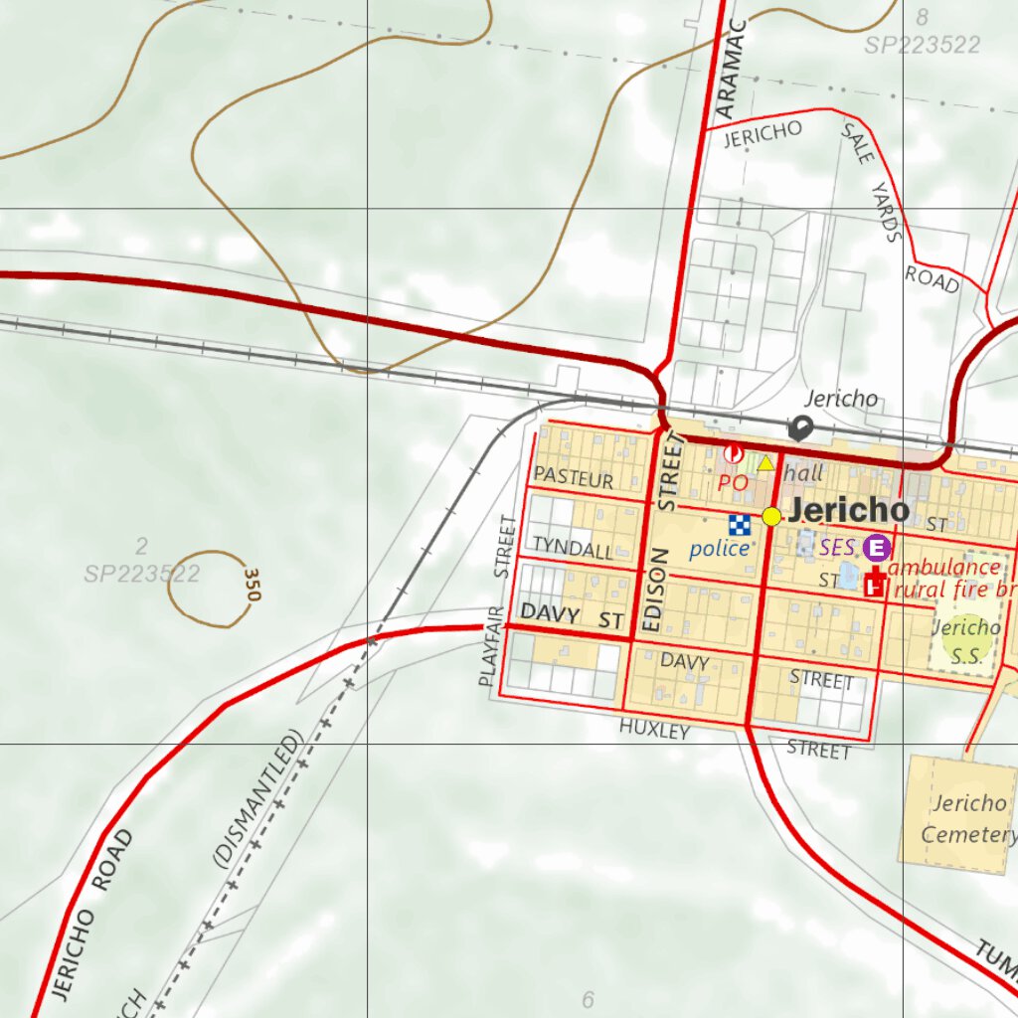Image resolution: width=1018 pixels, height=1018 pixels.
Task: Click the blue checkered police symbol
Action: [739, 525]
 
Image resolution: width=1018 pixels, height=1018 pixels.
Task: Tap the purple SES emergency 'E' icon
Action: [876, 547]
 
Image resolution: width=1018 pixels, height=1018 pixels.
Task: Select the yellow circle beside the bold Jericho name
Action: [771, 516]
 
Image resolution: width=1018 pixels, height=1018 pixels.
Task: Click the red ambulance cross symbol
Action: [876, 584]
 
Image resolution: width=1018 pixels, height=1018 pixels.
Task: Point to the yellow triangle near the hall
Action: [764, 463]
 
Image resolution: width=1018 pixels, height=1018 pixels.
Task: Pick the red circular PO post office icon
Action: [733, 454]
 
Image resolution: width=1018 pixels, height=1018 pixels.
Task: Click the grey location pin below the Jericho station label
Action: [800, 428]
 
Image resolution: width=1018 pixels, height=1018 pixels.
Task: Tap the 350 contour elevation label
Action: [251, 585]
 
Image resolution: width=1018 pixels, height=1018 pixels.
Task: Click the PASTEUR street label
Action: [574, 477]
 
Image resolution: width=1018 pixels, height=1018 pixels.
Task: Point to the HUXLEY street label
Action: [654, 730]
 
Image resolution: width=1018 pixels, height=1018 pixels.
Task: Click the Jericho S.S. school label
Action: [965, 641]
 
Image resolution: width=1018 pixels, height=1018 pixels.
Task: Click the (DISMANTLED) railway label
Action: [256, 801]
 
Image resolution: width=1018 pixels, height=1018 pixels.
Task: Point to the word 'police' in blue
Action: [720, 548]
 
